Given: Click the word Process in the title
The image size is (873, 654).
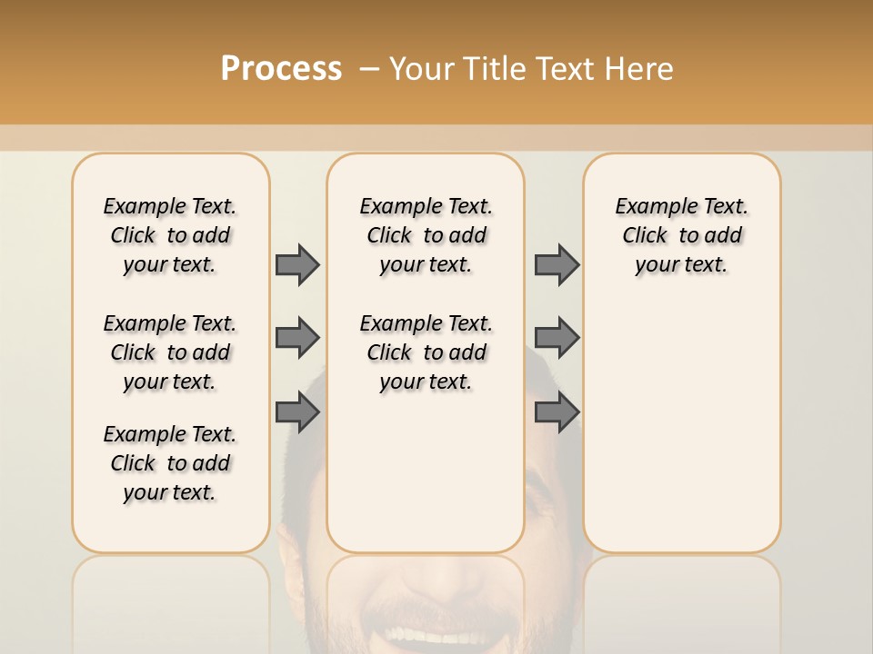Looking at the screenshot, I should [281, 69].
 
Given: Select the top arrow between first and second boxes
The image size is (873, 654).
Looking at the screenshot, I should [297, 265].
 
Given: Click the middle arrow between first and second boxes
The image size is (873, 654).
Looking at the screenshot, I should [297, 338].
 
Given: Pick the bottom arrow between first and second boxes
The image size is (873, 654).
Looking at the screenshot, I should [297, 412].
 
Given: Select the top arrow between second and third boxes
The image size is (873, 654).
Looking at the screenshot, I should [557, 265].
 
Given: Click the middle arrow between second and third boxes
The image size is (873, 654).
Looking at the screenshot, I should [557, 338].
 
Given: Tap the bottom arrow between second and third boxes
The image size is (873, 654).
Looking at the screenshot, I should [557, 412].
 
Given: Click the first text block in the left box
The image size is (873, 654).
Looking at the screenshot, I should [170, 235].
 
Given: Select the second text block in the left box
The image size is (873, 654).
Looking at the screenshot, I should [170, 352].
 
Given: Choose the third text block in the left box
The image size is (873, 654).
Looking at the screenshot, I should [170, 463].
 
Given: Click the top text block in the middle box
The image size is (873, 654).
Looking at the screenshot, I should [426, 235].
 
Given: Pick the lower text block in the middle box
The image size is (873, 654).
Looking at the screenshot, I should [426, 352].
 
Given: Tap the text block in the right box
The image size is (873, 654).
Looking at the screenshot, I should [681, 235].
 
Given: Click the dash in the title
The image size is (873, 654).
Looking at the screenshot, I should [369, 69].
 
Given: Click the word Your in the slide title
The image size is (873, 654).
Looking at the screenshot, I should [423, 69].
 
